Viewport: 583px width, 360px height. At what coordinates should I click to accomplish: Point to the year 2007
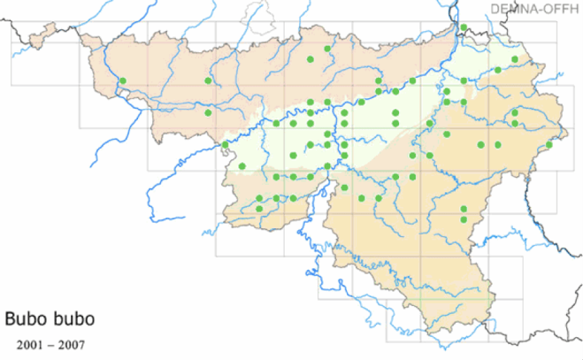pyautogui.click(x=72, y=341)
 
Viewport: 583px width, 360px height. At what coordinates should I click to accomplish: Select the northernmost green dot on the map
pyautogui.click(x=464, y=27)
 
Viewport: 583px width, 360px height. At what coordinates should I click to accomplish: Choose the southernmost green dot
pyautogui.click(x=464, y=218)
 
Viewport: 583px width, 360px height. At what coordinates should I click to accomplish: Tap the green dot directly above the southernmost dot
pyautogui.click(x=464, y=209)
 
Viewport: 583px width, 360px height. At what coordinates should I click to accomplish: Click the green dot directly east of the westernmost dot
pyautogui.click(x=208, y=81)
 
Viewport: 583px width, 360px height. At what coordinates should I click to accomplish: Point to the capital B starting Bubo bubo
pyautogui.click(x=11, y=317)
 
